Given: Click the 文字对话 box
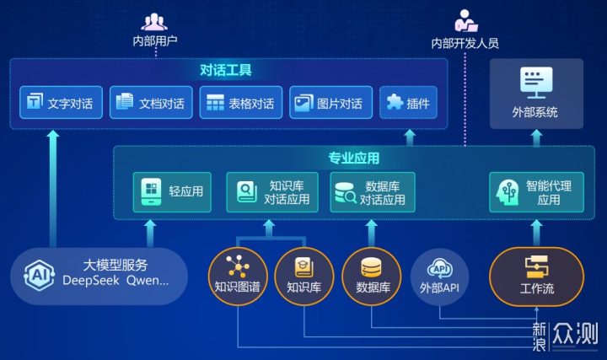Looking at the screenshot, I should pyautogui.click(x=59, y=103).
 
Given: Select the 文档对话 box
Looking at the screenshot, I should pyautogui.click(x=150, y=103).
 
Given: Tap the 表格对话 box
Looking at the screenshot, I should pyautogui.click(x=240, y=103).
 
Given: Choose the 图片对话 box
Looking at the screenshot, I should pyautogui.click(x=330, y=103).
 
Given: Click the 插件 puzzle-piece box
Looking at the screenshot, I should pyautogui.click(x=408, y=103).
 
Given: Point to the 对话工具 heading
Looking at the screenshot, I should pyautogui.click(x=226, y=70).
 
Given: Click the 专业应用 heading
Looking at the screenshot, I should pyautogui.click(x=354, y=158).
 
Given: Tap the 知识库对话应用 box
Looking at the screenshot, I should pyautogui.click(x=273, y=191).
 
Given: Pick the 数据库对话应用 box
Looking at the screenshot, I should pyautogui.click(x=371, y=191).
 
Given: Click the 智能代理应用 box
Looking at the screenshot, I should pyautogui.click(x=536, y=191).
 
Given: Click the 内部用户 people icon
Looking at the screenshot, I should pyautogui.click(x=154, y=22).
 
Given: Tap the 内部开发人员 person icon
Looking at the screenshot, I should pyautogui.click(x=465, y=21).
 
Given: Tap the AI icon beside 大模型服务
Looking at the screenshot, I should pyautogui.click(x=38, y=275).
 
